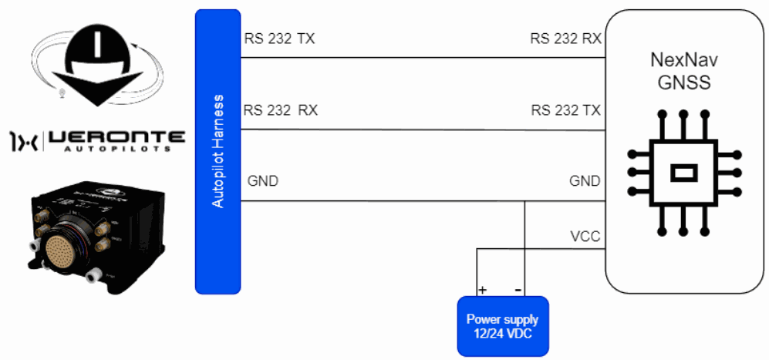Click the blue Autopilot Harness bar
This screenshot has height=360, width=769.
[x=218, y=151]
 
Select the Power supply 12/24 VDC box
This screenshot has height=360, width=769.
[x=502, y=325]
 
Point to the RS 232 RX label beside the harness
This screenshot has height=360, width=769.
[x=280, y=110]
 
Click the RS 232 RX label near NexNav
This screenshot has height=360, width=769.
[x=565, y=38]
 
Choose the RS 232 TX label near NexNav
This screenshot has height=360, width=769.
[x=565, y=110]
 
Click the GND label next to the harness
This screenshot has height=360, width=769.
[x=263, y=182]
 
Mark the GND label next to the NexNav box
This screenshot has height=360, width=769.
[x=584, y=182]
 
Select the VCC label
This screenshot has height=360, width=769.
[x=585, y=236]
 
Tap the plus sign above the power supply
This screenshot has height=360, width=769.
[x=483, y=291]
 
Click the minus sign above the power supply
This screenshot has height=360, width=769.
[x=518, y=291]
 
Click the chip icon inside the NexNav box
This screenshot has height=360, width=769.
[x=683, y=172]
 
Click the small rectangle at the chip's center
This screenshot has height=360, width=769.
[x=683, y=173]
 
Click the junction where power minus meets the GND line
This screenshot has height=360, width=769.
[x=524, y=202]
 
